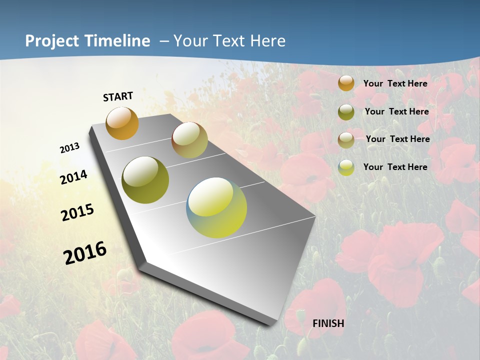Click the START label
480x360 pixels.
[x=118, y=96]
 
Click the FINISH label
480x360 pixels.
[x=328, y=323]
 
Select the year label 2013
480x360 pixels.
[x=69, y=148]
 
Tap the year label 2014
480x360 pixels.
[x=73, y=177]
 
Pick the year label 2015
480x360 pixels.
[x=77, y=212]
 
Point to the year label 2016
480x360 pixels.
[x=85, y=253]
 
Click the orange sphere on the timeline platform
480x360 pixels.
[x=122, y=123]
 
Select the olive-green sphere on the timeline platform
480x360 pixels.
[x=145, y=180]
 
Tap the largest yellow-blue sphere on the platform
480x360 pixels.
[x=216, y=207]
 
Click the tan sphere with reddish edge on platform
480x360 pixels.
[x=189, y=140]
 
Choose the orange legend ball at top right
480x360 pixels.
[x=346, y=83]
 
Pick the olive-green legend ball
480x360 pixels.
[x=346, y=112]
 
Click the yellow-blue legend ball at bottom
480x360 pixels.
[x=346, y=167]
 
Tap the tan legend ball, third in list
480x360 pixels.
[x=346, y=140]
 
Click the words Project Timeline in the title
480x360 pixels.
[x=87, y=41]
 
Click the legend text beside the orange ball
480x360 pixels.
[x=395, y=83]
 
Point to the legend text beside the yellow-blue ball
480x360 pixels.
[x=395, y=167]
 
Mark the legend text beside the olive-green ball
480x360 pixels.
[x=396, y=111]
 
